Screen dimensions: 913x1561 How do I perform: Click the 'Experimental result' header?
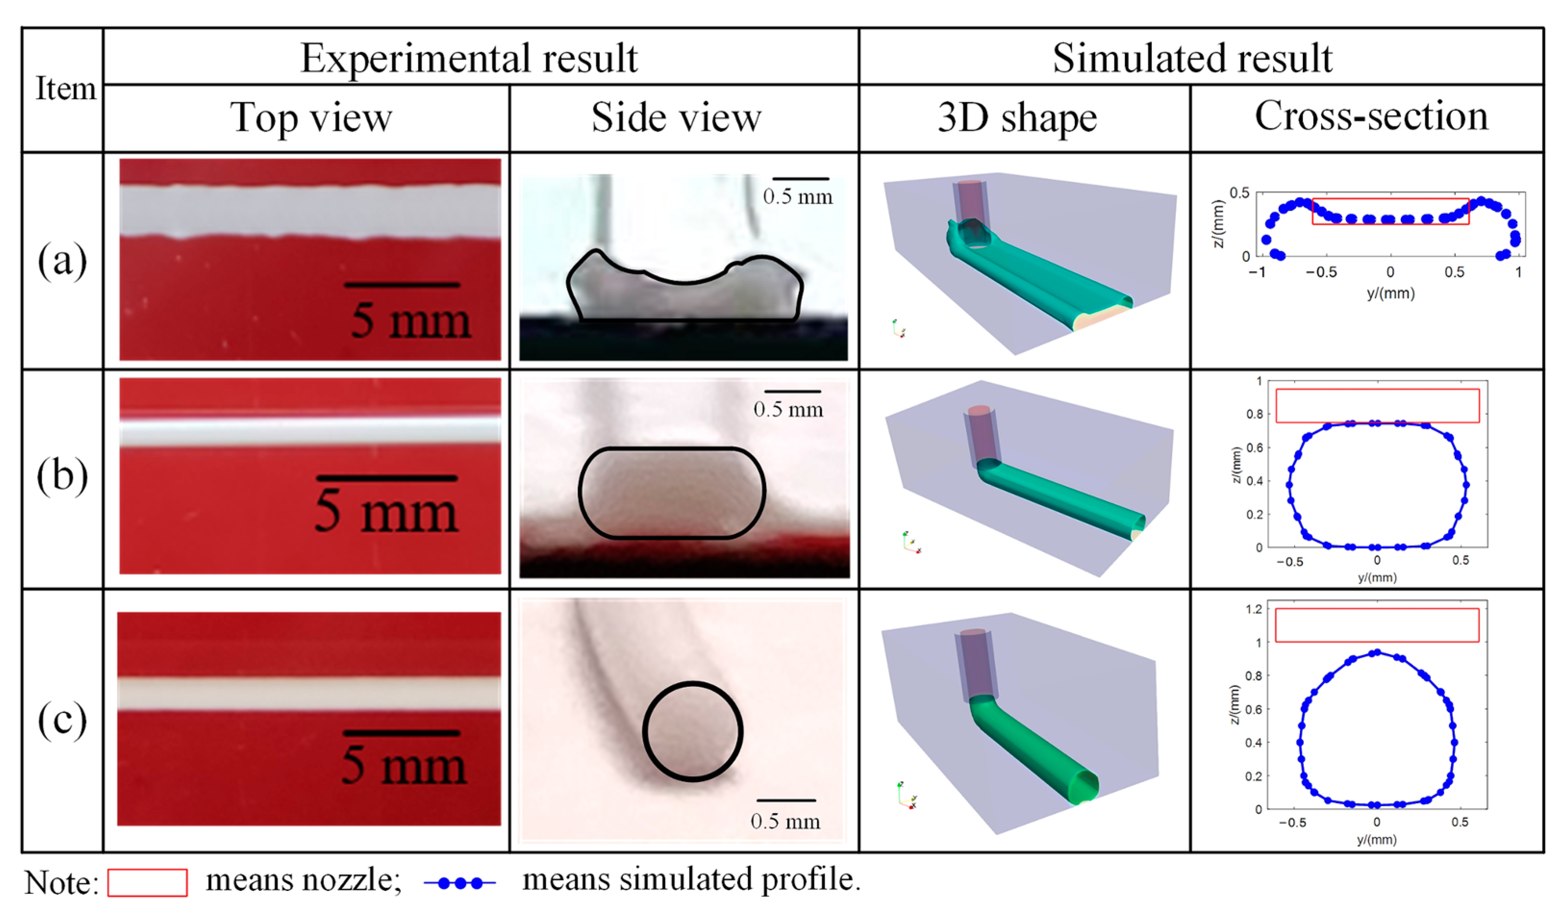[x=469, y=58]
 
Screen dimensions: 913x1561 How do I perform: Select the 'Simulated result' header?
[x=1192, y=58]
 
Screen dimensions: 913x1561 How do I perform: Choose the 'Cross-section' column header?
[x=1371, y=116]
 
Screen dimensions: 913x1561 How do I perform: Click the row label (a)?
[x=62, y=261]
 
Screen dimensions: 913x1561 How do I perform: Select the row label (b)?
[x=62, y=476]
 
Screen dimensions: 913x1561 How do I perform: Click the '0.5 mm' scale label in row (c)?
[x=785, y=821]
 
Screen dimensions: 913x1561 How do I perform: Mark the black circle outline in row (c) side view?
[x=644, y=731]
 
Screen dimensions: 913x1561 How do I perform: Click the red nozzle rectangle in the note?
[x=148, y=882]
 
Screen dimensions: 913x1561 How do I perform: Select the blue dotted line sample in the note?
[x=460, y=883]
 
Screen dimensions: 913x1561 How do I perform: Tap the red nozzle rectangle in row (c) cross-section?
[x=1376, y=625]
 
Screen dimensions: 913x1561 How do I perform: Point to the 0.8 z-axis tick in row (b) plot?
[x=1255, y=414]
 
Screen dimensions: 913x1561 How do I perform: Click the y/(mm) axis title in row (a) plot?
[x=1390, y=293]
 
